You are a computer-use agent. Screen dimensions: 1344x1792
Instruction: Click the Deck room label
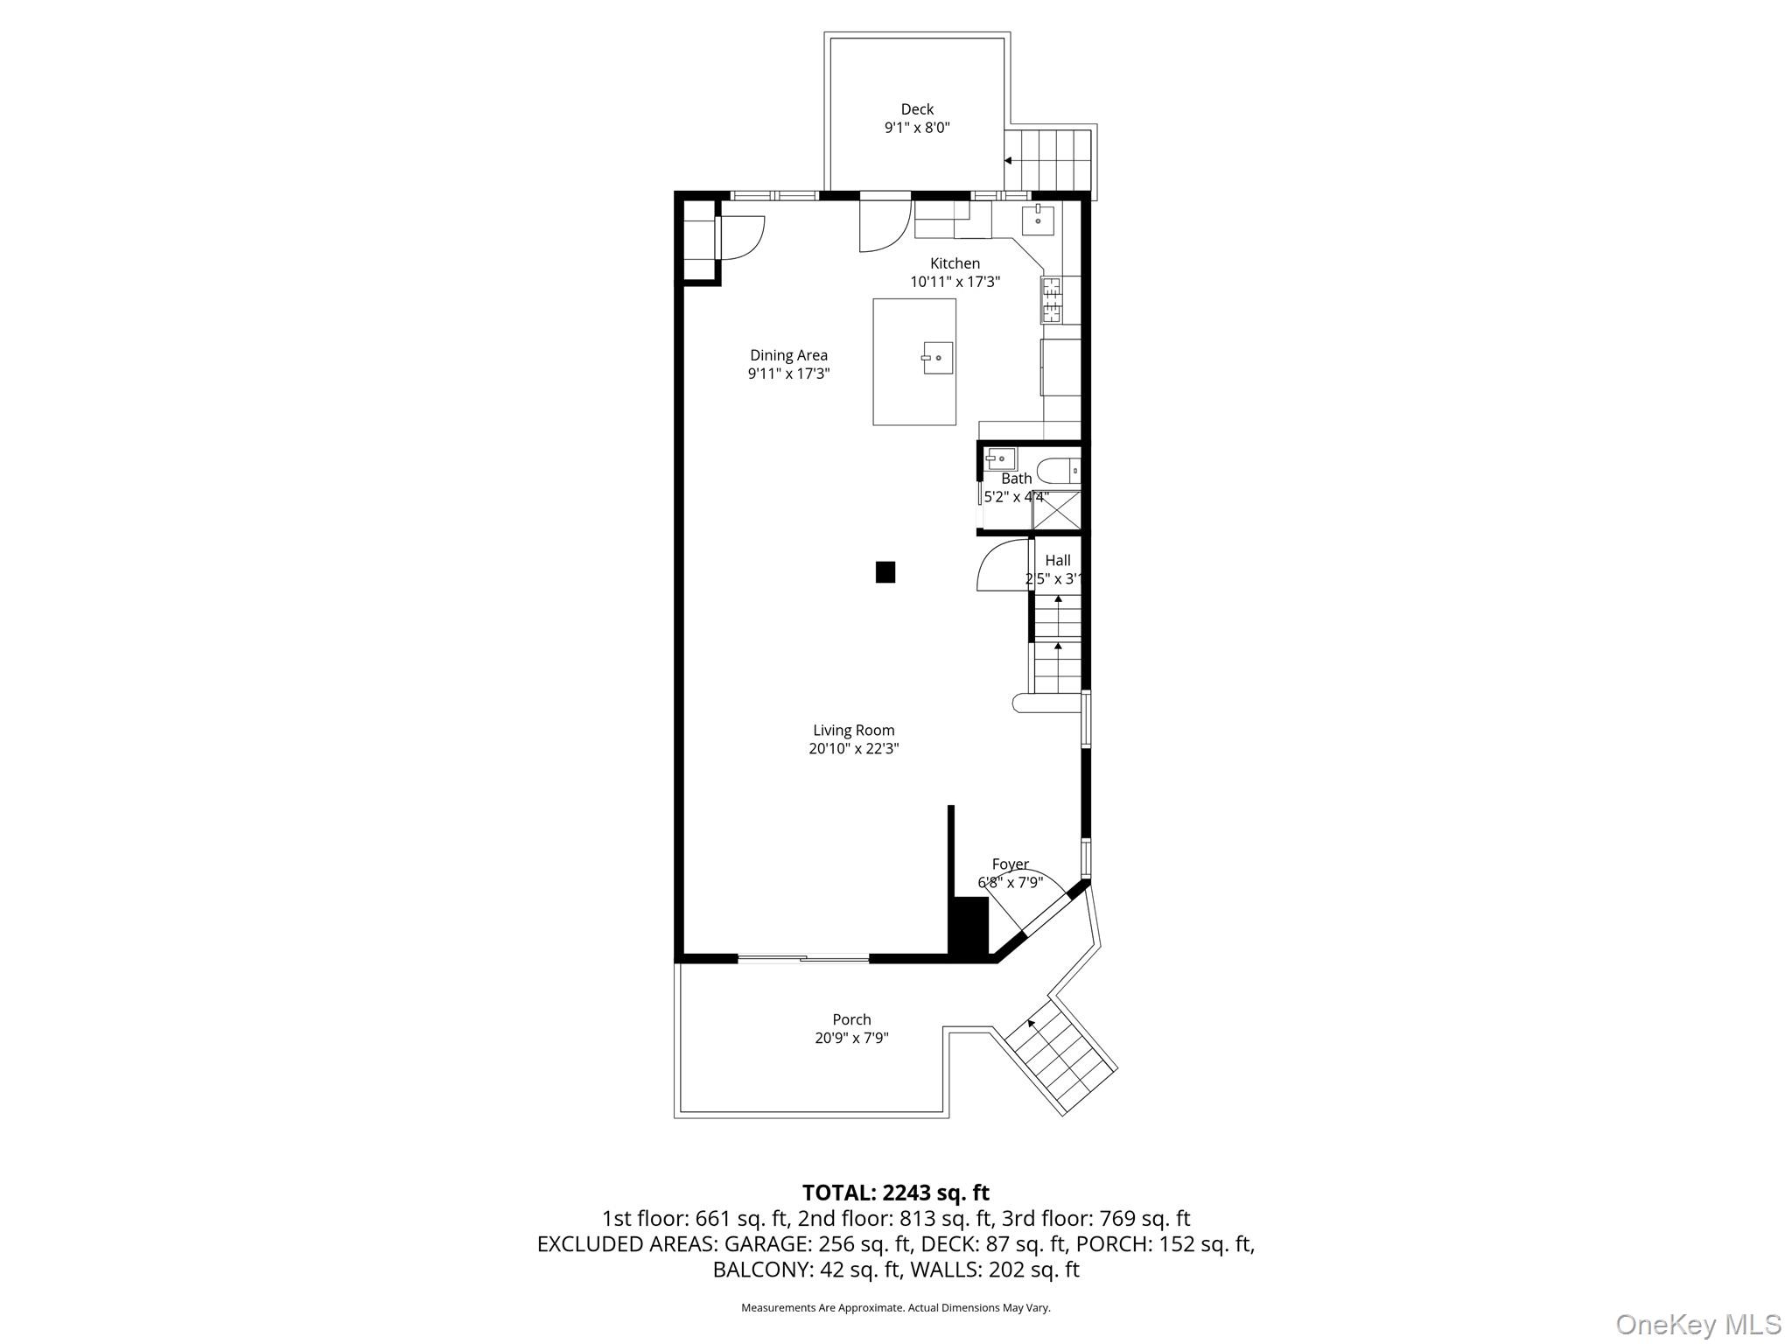point(917,109)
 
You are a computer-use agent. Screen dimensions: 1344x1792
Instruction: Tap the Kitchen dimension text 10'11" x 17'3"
point(955,282)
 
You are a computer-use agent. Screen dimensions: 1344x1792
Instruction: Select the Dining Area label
point(788,355)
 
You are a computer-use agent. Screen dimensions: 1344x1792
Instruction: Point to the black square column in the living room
point(885,572)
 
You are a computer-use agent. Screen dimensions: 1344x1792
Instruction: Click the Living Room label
point(853,730)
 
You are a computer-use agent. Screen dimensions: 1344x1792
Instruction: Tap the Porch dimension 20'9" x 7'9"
point(851,1038)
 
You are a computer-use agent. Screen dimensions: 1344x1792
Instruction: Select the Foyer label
point(1010,864)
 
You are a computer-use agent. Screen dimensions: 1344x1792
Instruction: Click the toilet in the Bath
point(1060,471)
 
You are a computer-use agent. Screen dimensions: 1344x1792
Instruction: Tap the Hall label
point(1057,560)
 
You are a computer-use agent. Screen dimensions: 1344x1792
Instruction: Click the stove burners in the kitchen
point(1050,299)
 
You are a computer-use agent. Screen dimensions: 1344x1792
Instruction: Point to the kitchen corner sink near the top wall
point(1038,220)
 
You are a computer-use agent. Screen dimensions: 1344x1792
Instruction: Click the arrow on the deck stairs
point(1009,161)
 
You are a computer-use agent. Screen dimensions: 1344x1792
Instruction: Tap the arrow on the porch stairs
point(1032,1022)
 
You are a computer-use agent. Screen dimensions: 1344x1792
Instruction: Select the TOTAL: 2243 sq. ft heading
point(895,1193)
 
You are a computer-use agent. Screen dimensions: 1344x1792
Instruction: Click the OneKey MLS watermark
point(1697,1324)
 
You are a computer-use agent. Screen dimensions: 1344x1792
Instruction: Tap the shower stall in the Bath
point(1056,510)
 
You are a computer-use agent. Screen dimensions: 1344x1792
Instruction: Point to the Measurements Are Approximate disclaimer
point(895,1307)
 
